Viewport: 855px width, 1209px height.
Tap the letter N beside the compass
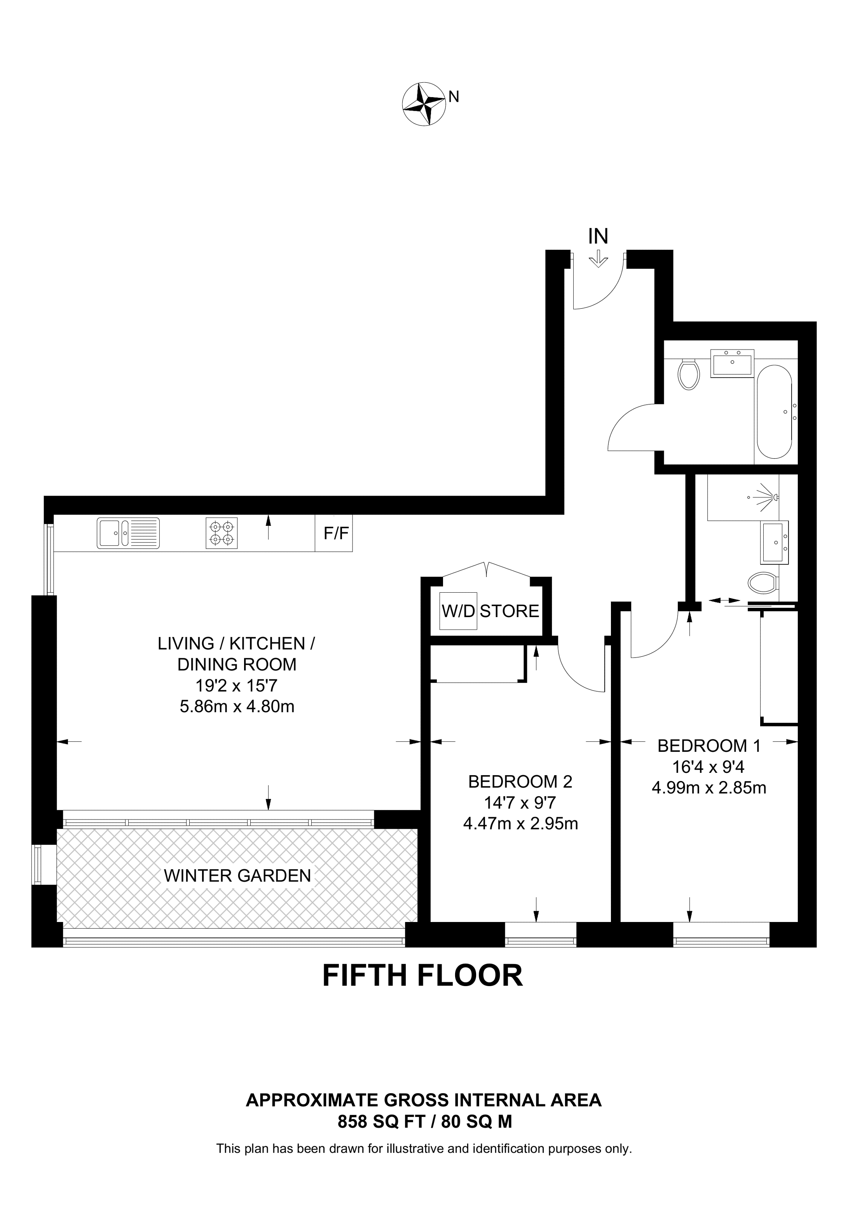click(x=454, y=97)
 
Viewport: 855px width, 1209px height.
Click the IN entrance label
click(x=598, y=237)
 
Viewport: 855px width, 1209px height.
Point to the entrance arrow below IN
click(x=598, y=259)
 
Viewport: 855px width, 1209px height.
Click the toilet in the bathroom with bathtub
click(x=689, y=374)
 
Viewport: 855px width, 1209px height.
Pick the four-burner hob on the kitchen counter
click(x=221, y=533)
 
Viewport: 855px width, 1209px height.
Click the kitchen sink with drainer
click(x=128, y=533)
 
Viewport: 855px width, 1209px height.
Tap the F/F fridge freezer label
click(x=336, y=534)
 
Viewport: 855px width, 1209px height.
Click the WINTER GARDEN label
click(x=237, y=876)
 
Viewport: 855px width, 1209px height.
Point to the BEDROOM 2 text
click(x=520, y=782)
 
